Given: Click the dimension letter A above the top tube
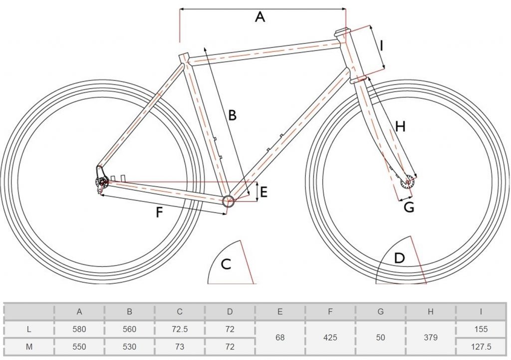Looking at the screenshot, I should (259, 17).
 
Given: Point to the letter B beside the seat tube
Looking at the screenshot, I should (232, 115).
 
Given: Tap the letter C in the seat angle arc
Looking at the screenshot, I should (226, 264).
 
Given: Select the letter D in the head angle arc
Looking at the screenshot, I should (399, 259).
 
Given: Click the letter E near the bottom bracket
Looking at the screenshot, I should (263, 192).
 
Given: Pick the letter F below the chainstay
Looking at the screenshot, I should (159, 213).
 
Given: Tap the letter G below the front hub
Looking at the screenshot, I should (409, 207).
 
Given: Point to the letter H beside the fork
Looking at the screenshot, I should (400, 127).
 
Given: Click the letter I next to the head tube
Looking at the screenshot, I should (382, 46).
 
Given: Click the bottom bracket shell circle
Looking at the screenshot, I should (228, 201).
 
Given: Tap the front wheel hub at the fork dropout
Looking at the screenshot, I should (409, 182).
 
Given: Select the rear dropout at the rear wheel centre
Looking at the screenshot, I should (102, 183).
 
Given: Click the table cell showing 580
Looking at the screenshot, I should (79, 330).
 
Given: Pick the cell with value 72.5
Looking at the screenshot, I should (180, 330).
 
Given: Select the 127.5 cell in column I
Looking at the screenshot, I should (481, 346).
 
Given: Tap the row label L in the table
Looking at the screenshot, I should (29, 330).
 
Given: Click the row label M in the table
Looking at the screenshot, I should (29, 346).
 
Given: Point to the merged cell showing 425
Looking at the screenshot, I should (330, 338).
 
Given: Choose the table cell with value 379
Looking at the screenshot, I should (431, 338).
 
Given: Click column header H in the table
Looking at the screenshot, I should (431, 312).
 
